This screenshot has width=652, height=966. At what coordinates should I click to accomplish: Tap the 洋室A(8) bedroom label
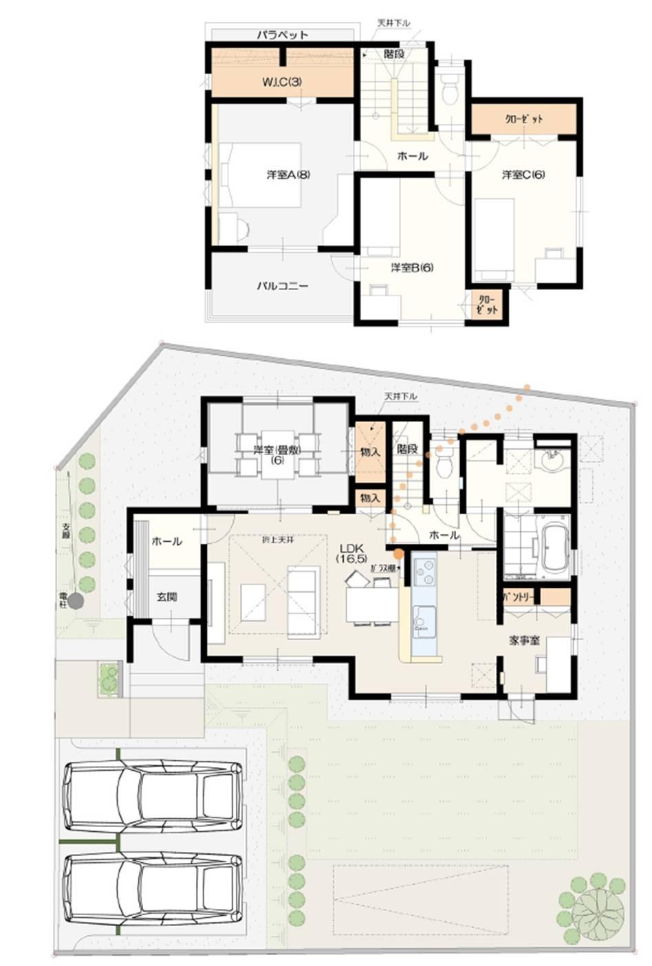(288, 175)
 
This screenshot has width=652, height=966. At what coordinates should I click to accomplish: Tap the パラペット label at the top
(283, 34)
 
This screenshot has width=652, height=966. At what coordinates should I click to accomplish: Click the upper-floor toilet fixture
(450, 90)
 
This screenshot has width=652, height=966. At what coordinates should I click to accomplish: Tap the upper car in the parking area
(152, 796)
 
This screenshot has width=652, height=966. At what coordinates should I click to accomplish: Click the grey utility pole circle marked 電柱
(75, 602)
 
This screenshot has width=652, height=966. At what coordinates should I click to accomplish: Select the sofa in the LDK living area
(302, 600)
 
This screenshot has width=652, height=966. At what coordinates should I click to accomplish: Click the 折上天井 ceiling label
(277, 540)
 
